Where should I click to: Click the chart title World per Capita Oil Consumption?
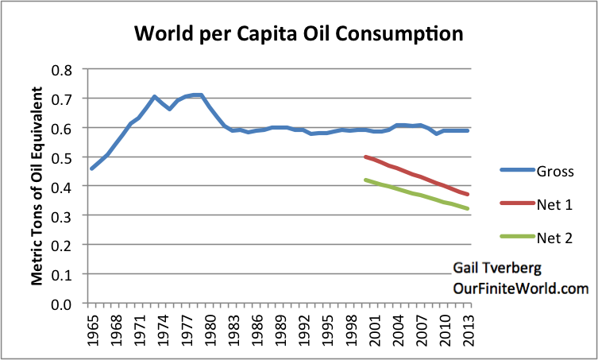(x=299, y=34)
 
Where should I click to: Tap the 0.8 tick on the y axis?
(x=62, y=69)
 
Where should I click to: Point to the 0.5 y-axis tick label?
(x=62, y=157)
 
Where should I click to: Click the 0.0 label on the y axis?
(x=62, y=304)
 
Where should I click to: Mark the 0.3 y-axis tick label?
(x=62, y=216)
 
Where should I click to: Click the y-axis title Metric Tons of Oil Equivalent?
(x=36, y=187)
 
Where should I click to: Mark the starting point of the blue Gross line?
(x=91, y=168)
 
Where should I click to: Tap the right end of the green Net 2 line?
(x=468, y=209)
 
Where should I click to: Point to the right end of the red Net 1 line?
(x=468, y=195)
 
